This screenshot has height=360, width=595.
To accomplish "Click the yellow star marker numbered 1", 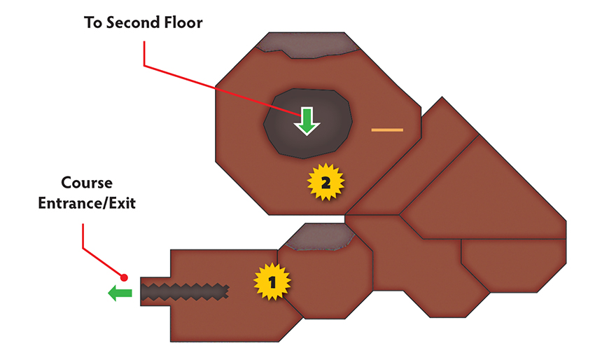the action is (x=272, y=282).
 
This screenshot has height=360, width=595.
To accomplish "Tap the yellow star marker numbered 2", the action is (x=325, y=183).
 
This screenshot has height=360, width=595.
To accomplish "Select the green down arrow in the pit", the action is (x=307, y=121).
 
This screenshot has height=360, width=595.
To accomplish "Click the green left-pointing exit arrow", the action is (x=120, y=293).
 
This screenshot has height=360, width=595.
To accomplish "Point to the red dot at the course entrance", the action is (x=124, y=277).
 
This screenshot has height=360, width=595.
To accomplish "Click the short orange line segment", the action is (x=387, y=130).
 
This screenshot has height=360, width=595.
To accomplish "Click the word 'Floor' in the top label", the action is (x=183, y=22).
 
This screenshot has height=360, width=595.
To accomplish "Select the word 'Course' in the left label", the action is (x=87, y=183).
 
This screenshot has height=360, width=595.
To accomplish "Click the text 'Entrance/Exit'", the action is (x=87, y=203).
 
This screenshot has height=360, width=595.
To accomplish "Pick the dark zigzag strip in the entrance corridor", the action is (x=185, y=292).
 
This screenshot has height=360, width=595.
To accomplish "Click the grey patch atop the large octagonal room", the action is (x=307, y=46).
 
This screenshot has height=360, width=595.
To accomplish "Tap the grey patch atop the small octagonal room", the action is (x=319, y=237).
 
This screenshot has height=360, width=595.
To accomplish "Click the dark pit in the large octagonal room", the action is (x=308, y=123).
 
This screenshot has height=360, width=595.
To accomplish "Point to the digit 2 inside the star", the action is (x=325, y=183).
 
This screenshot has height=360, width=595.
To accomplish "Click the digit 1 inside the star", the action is (x=272, y=282).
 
